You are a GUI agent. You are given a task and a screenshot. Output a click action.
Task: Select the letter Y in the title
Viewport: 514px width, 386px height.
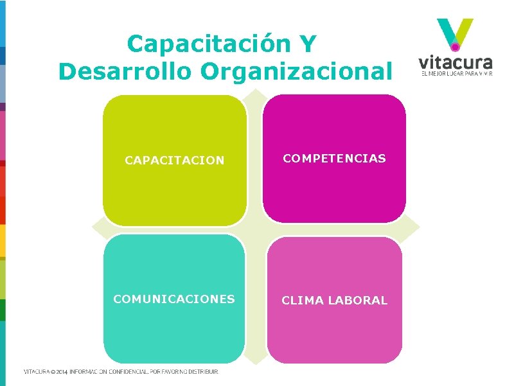point(306,44)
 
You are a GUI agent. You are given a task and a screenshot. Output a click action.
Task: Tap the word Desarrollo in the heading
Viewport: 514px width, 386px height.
point(125,71)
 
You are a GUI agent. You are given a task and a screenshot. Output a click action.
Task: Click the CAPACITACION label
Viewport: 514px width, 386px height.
point(174,161)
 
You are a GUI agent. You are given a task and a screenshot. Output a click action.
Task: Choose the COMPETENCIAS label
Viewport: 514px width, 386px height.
point(335,158)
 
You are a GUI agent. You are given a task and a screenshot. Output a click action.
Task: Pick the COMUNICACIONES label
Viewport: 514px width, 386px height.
point(174,299)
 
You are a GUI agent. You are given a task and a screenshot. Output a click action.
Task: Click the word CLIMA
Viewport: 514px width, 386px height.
point(303,300)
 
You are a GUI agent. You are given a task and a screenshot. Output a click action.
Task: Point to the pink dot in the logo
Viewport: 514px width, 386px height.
point(456,46)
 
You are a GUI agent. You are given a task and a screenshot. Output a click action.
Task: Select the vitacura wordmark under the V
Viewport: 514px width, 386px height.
point(456,63)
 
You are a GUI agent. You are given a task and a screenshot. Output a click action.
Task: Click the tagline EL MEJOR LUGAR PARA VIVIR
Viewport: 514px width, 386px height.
point(456,75)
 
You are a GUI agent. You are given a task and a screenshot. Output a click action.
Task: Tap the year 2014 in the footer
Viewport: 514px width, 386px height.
point(61,371)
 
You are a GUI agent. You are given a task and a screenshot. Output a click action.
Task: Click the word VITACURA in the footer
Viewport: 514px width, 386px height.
point(36,371)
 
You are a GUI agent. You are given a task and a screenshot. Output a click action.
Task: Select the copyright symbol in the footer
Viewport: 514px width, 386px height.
point(51,371)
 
